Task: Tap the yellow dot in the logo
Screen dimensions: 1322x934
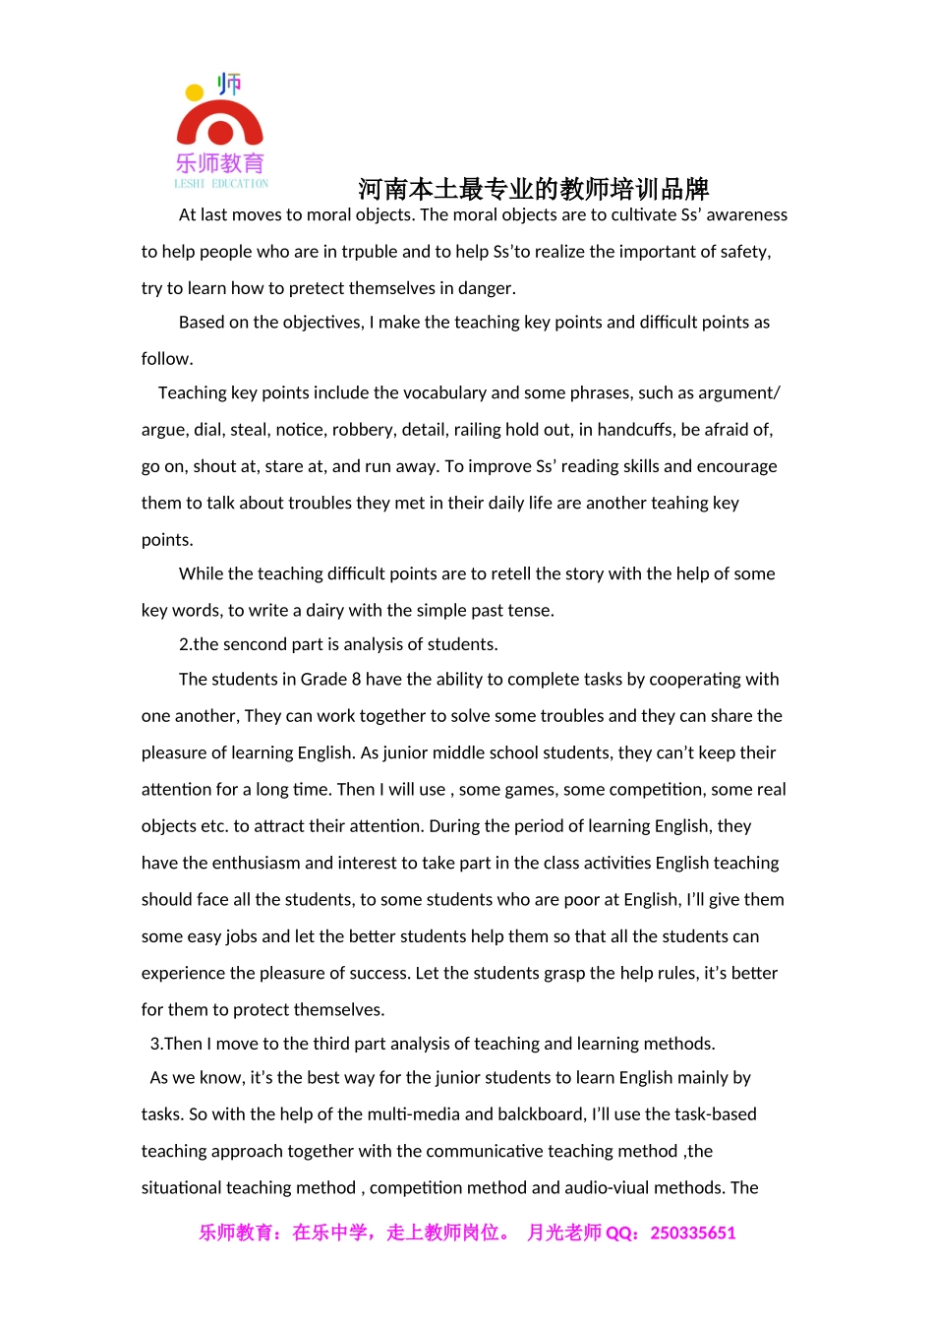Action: tap(195, 93)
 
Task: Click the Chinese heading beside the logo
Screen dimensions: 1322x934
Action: tap(533, 189)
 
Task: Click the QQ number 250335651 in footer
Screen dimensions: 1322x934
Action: tap(692, 1233)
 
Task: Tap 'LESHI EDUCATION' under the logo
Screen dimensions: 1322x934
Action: tap(221, 184)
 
